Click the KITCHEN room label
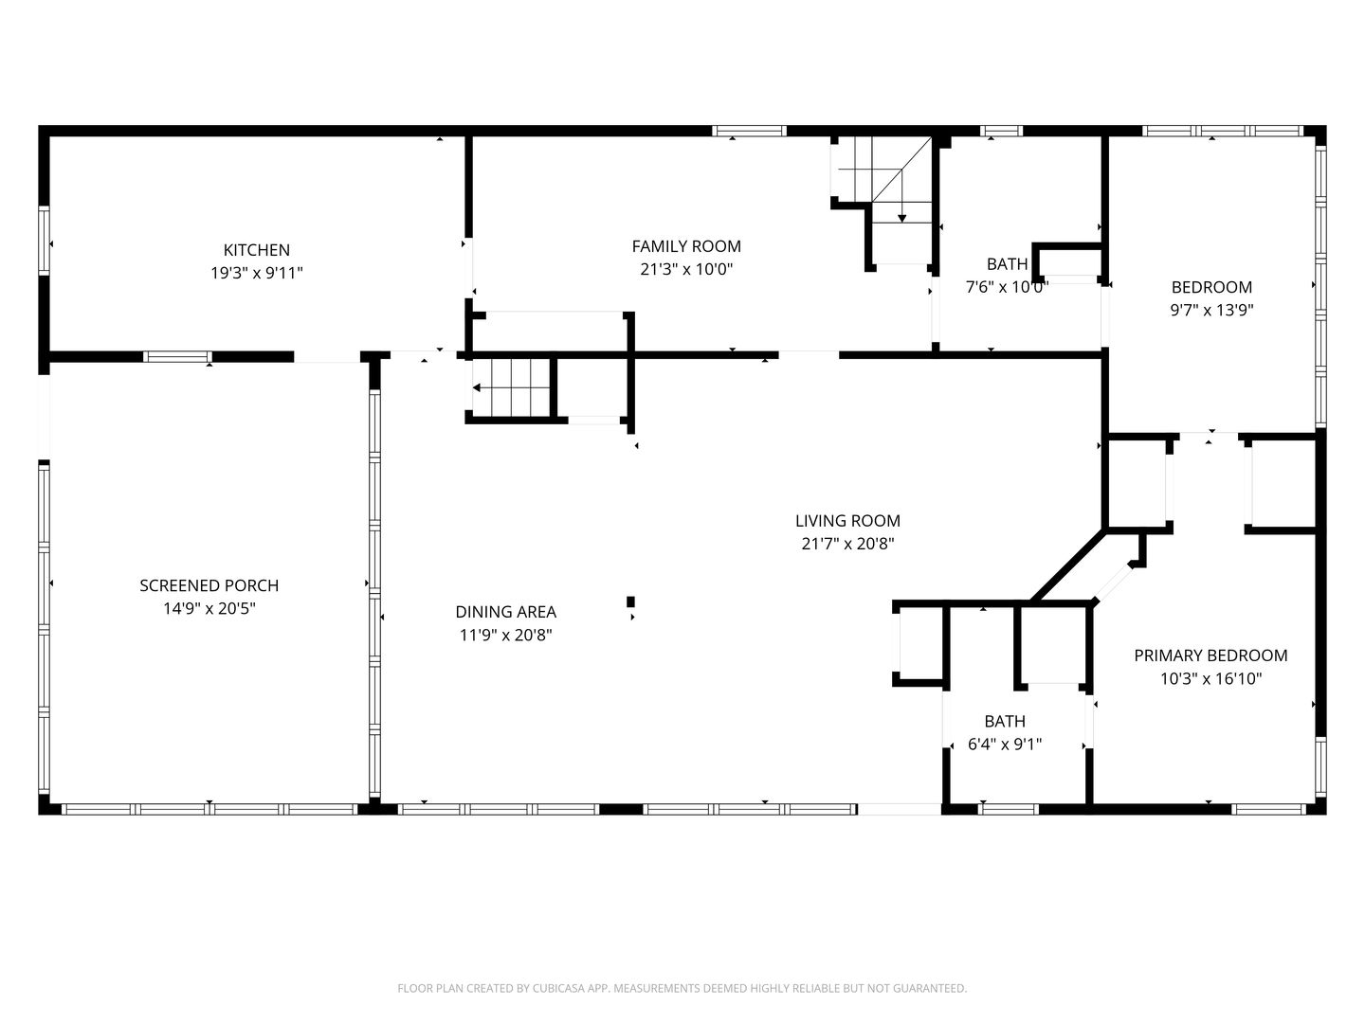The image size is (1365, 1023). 256,250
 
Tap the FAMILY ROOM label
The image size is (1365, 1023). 686,246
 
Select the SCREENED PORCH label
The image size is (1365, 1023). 209,585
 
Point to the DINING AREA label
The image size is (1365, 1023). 505,612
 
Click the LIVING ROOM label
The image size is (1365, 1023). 847,521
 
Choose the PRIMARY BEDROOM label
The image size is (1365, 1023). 1210,655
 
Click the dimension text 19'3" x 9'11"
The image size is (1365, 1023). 256,273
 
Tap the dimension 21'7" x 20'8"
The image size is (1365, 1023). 847,544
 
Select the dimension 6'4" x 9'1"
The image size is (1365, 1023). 1004,745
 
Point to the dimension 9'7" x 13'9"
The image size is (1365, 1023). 1211,310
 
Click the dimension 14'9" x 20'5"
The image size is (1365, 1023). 209,608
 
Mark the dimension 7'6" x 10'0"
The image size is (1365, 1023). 1007,287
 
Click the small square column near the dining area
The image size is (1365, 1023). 630,601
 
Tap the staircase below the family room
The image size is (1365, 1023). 511,387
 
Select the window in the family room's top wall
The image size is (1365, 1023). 749,131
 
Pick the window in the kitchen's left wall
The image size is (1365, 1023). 44,240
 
